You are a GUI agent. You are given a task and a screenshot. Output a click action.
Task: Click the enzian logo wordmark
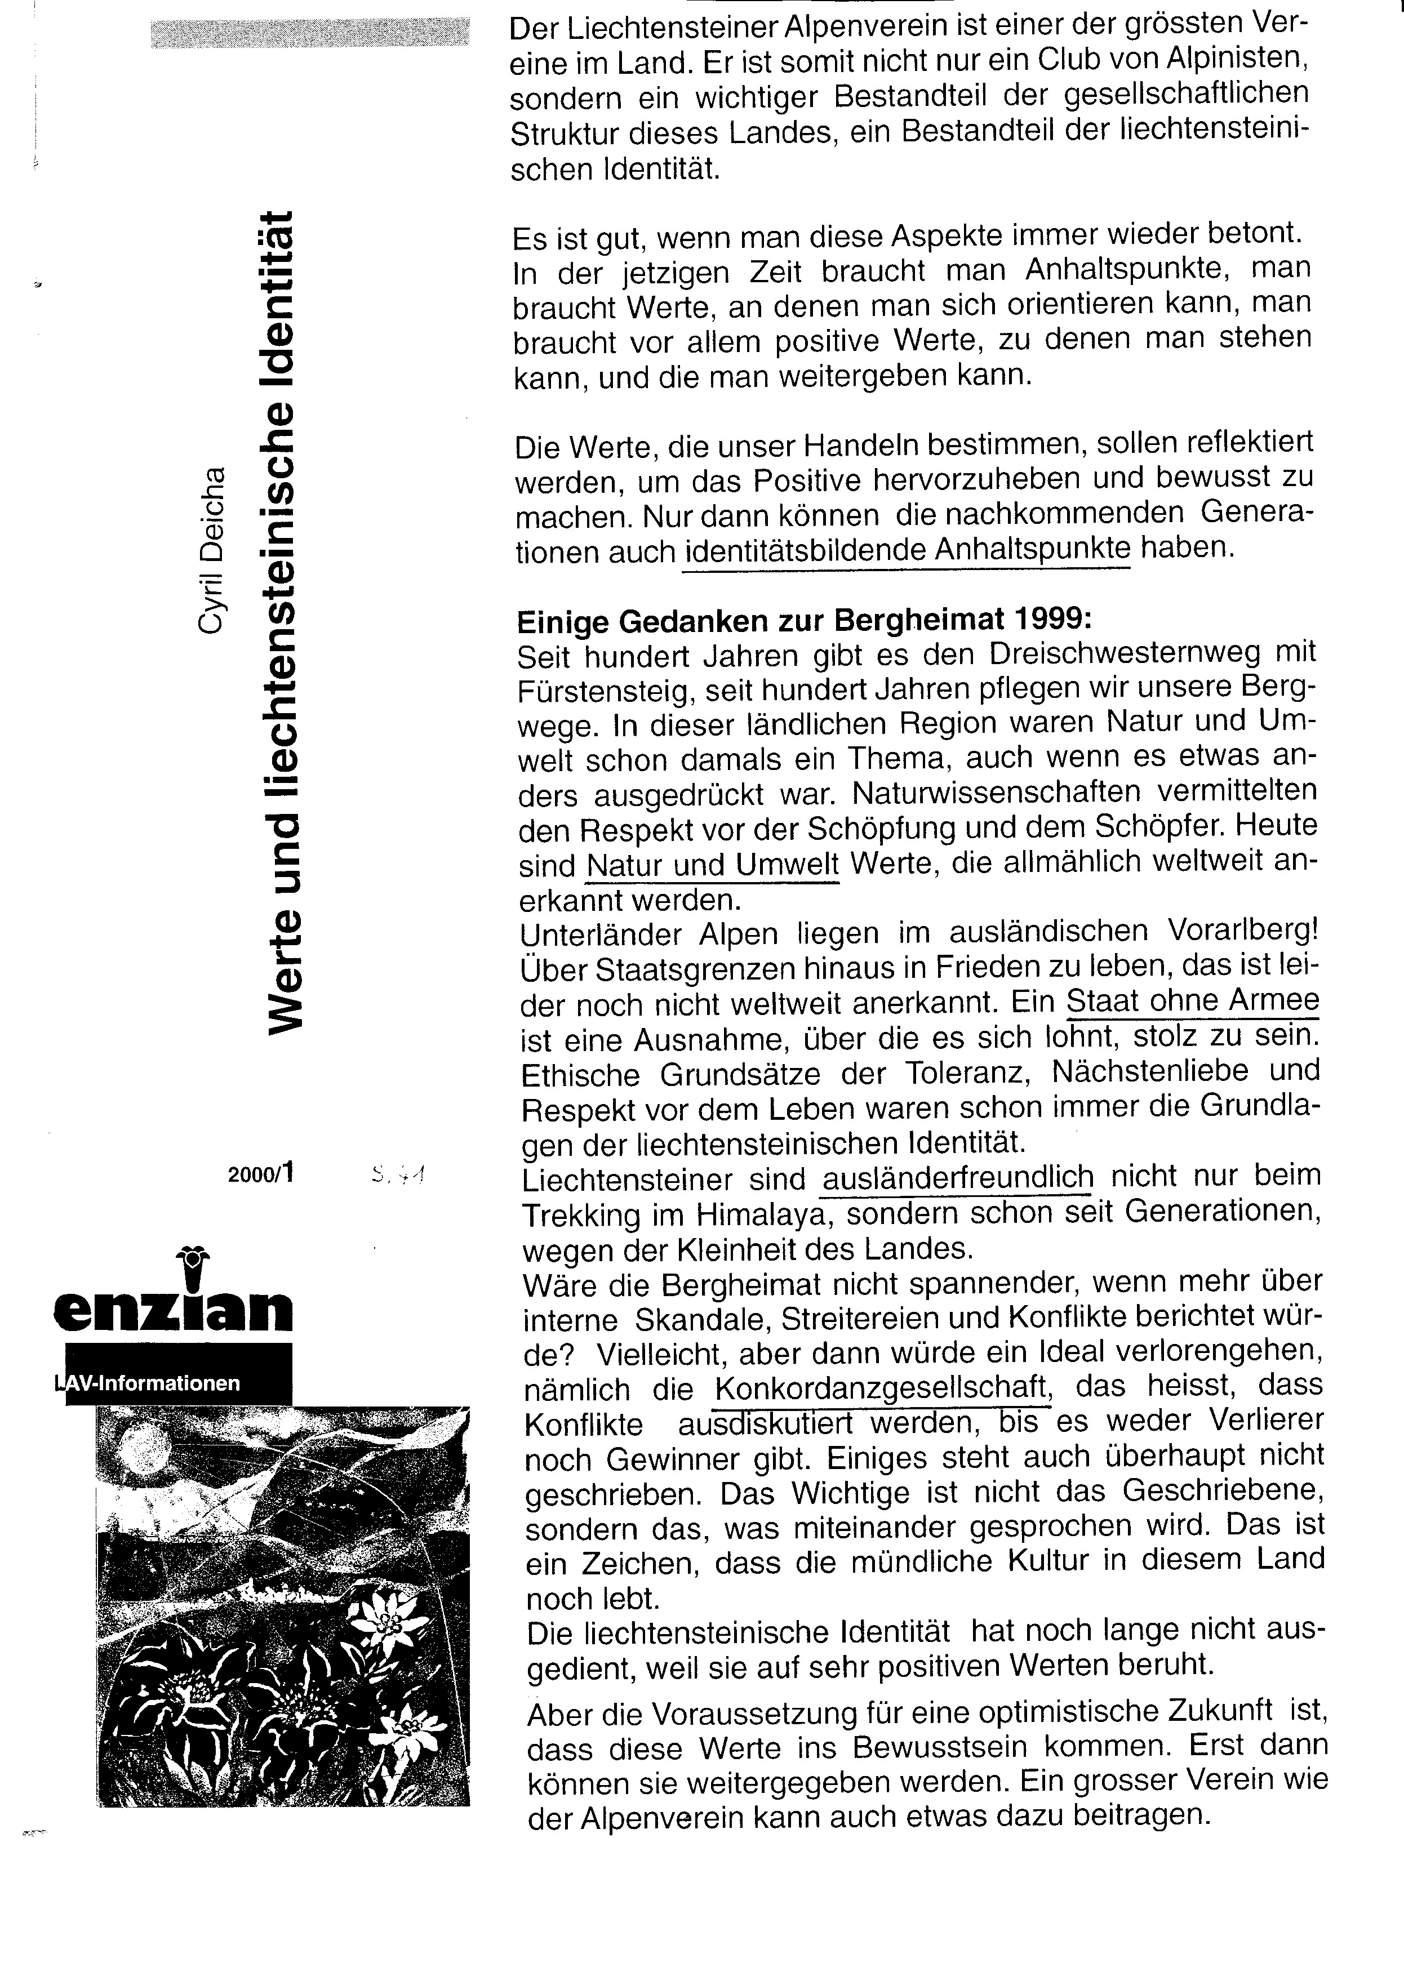pos(173,1311)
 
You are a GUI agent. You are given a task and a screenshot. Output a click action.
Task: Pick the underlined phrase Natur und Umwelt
pos(712,865)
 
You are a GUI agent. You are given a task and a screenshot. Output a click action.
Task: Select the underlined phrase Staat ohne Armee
pos(1192,1001)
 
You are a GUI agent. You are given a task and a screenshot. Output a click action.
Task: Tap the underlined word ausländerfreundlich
pos(958,1177)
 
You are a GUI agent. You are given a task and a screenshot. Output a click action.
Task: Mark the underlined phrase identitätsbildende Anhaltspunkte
pos(907,550)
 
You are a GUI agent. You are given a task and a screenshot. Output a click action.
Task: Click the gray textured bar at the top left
pos(309,33)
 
